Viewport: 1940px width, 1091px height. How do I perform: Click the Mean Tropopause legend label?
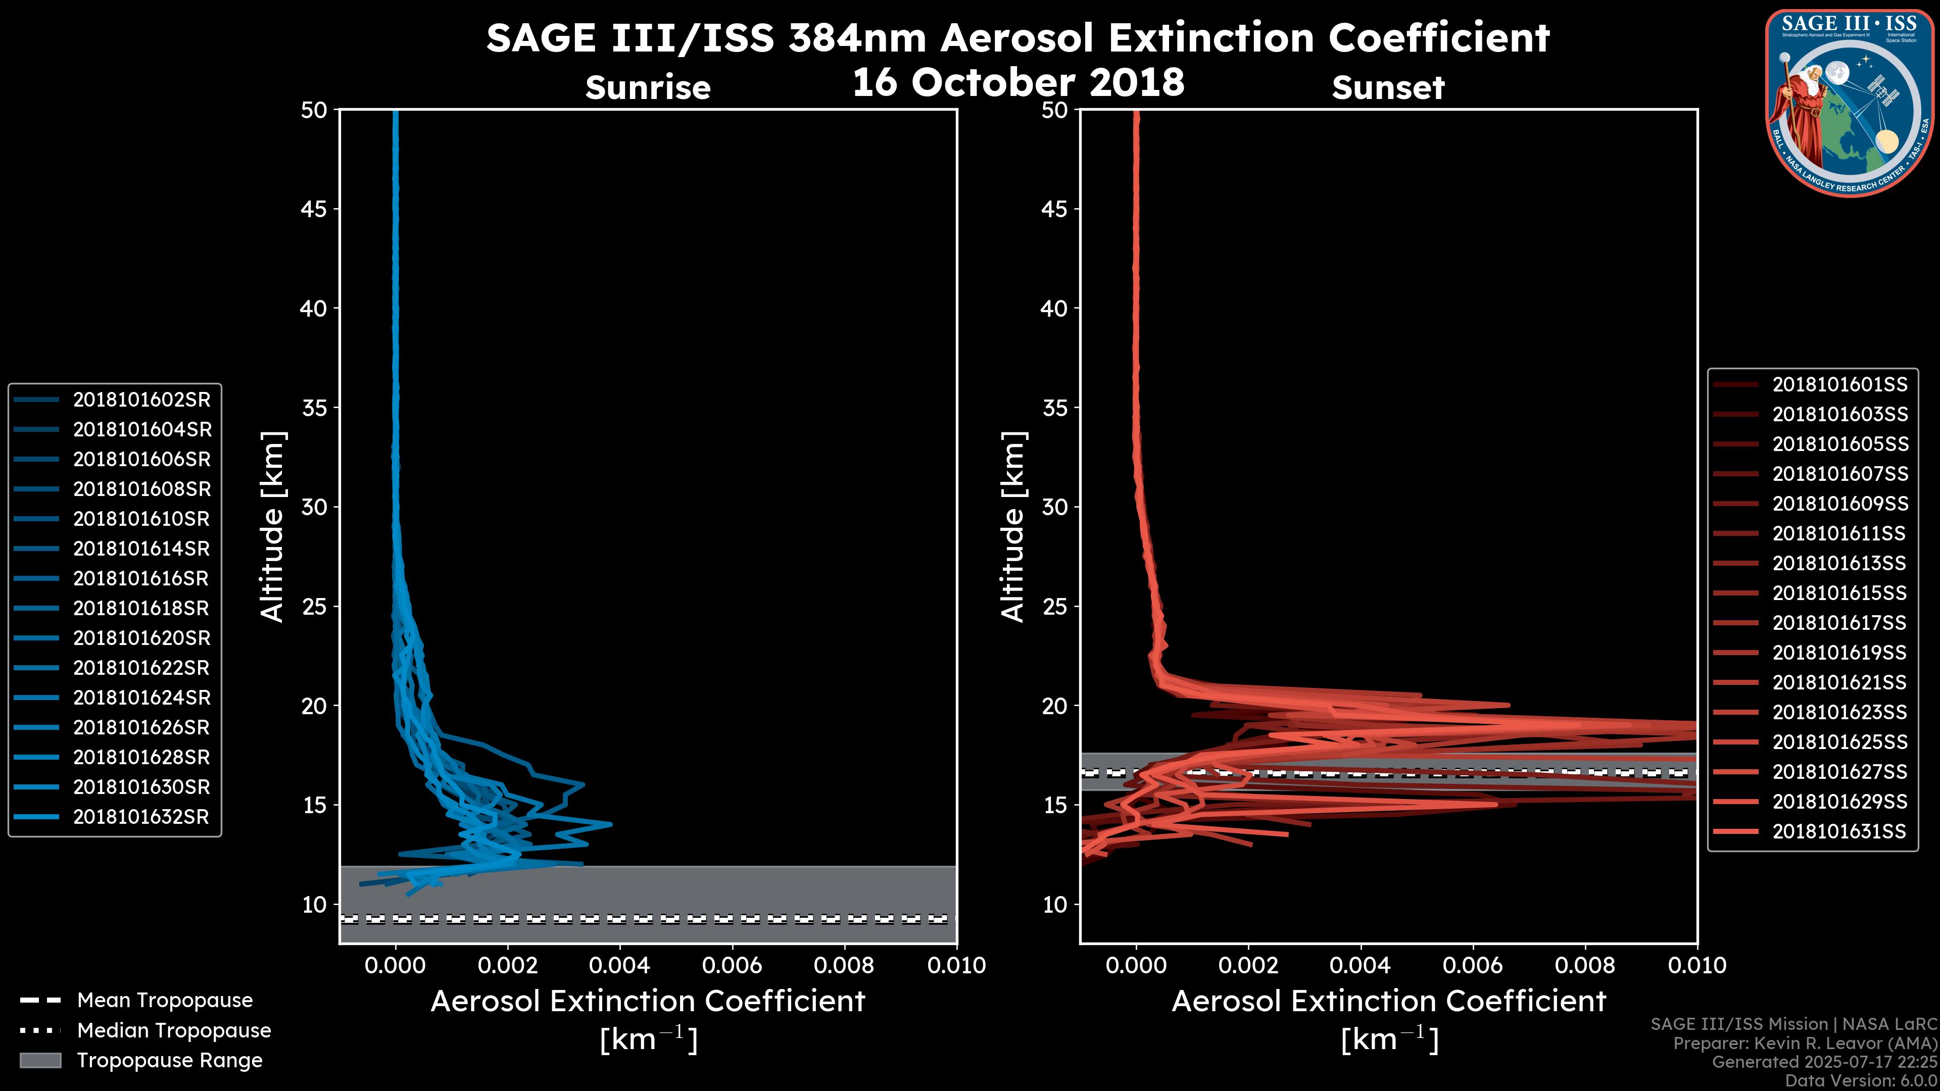(165, 1000)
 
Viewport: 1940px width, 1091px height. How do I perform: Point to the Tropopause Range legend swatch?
(40, 1060)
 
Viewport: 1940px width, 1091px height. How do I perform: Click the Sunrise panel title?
(648, 88)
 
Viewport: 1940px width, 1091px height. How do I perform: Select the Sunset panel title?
(1388, 88)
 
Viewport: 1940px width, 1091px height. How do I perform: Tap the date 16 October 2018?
(1018, 82)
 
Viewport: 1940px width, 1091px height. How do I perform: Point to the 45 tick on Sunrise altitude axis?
(314, 209)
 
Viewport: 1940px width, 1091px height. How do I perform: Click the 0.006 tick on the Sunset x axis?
(1473, 965)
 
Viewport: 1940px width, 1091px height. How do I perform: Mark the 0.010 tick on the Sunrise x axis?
(956, 965)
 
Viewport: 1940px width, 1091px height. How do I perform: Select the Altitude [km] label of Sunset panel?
(1013, 526)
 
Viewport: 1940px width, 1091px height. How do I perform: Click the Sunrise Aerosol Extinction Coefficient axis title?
(648, 1002)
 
